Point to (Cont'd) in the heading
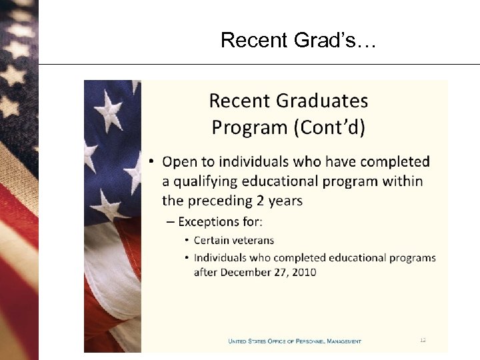pos(329,127)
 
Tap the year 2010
pos(303,271)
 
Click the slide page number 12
pos(423,341)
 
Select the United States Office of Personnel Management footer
pos(295,341)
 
